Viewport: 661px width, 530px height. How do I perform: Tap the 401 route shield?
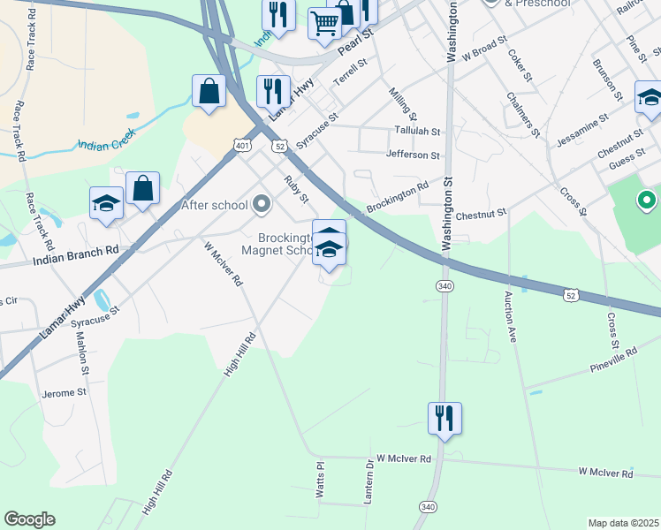[x=242, y=144]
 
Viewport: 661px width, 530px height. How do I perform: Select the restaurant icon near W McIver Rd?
[x=444, y=417]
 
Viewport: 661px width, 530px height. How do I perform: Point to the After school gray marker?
[x=261, y=205]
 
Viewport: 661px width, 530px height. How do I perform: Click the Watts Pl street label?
[x=321, y=477]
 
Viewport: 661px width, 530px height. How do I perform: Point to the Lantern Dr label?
[x=368, y=481]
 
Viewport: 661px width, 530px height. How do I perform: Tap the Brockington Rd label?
[x=398, y=197]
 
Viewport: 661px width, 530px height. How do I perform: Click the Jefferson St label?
[x=413, y=155]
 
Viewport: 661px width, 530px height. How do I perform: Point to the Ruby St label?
[x=295, y=189]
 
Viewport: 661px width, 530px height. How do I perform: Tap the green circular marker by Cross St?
[x=646, y=201]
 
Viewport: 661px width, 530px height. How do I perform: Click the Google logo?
[x=29, y=519]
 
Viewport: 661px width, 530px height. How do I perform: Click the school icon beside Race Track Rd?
[x=106, y=202]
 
